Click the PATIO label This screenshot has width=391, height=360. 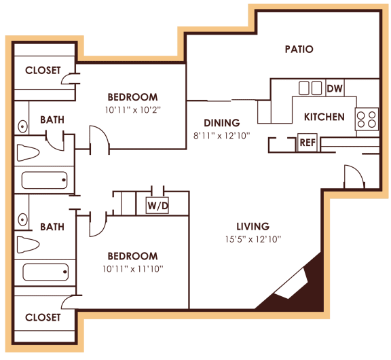click(299, 49)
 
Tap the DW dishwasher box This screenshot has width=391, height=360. click(334, 88)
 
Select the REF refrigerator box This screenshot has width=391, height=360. click(307, 143)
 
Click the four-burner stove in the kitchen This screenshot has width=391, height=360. click(367, 120)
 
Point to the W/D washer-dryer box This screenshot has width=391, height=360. click(157, 204)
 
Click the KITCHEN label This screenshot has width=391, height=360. click(324, 117)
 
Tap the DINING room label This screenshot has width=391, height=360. click(222, 123)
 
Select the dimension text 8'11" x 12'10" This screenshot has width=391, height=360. click(222, 135)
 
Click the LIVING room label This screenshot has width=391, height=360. click(253, 226)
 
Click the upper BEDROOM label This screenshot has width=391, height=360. click(133, 97)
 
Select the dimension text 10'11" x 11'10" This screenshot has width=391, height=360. click(133, 268)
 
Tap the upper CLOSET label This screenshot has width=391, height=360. click(43, 70)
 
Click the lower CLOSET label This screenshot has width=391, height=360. click(43, 317)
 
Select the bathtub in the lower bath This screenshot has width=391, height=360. click(45, 272)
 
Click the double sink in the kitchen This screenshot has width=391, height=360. click(310, 88)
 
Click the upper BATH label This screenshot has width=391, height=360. click(52, 120)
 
